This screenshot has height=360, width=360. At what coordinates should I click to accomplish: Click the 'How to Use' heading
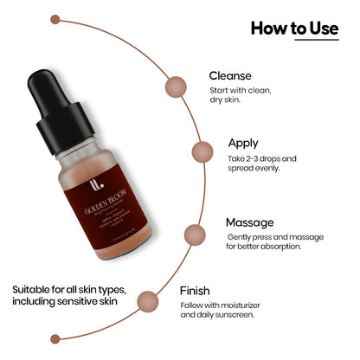pos(294,29)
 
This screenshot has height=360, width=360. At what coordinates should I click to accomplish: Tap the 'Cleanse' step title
pos(230,75)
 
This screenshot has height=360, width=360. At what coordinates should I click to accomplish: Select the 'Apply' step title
pos(242,142)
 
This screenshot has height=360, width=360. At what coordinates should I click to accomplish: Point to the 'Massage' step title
pos(250,222)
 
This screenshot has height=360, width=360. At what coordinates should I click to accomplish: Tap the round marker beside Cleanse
pos(177,86)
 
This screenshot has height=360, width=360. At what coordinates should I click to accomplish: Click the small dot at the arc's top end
pos(55,18)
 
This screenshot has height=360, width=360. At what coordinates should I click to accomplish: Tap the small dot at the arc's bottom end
pos(55,337)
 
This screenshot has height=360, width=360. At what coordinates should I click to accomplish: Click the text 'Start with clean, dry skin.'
pos(237,96)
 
